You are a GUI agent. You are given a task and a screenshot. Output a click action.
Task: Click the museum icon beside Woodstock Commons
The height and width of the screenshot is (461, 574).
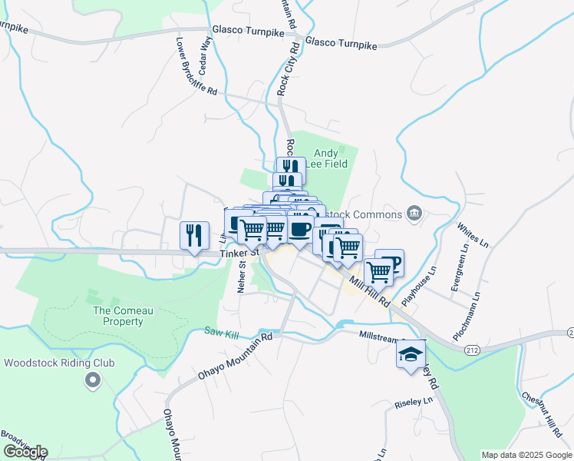click(414, 212)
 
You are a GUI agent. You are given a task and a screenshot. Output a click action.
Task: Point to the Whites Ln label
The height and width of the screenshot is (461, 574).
click(473, 235)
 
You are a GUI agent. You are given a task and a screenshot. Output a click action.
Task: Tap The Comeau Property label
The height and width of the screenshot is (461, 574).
click(118, 316)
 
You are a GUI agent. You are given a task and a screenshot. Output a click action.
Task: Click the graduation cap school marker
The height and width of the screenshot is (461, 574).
click(411, 354)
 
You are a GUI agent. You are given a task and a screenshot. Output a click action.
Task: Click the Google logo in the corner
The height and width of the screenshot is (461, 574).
click(25, 452)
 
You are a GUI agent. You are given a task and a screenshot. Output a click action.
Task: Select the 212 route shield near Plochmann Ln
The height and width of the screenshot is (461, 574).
click(472, 349)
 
